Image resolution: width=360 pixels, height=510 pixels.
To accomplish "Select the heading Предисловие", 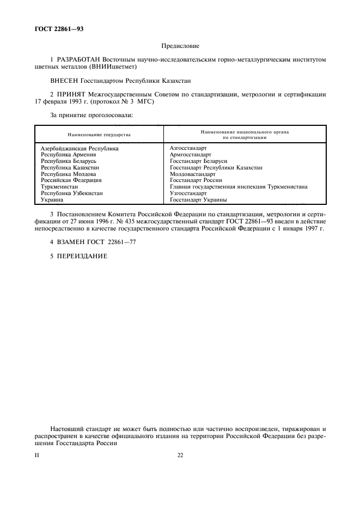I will point(180,47).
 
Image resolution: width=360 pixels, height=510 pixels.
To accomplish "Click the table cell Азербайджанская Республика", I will point(80,148).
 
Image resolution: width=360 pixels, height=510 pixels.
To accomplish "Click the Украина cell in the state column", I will point(52,199).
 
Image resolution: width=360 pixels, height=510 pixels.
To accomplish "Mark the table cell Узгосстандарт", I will point(188,193).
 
